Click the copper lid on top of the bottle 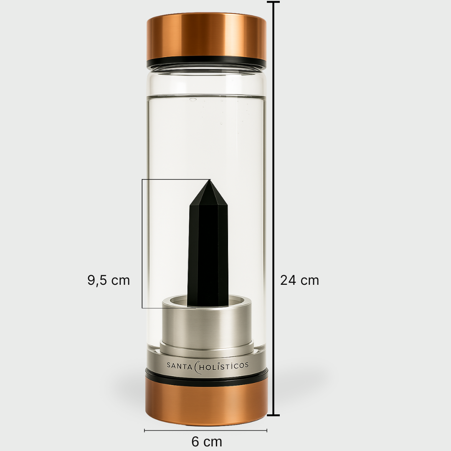[x=206, y=37]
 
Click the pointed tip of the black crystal [x=209, y=181]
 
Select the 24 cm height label [x=299, y=280]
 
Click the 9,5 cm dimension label [x=109, y=280]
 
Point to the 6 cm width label [x=207, y=441]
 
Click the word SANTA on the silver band [x=180, y=365]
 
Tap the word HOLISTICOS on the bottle [x=225, y=365]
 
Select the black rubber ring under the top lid [x=206, y=63]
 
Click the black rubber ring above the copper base [x=206, y=376]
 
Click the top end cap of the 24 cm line [x=273, y=3]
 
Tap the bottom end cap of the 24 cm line [x=273, y=415]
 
